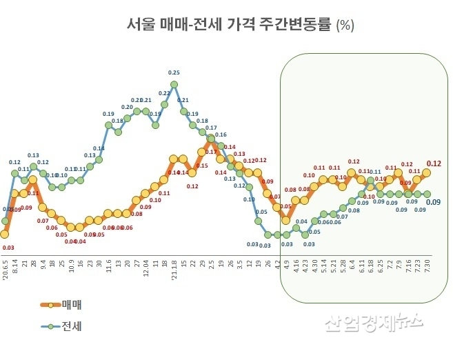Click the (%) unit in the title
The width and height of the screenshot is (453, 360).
tap(345, 26)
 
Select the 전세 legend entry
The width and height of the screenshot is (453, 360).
tap(72, 326)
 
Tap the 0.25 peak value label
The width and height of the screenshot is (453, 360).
tap(174, 72)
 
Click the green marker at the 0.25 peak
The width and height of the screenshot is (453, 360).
tap(174, 84)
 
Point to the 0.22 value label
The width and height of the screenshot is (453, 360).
tap(164, 93)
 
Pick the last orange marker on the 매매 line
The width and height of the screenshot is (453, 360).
tap(426, 172)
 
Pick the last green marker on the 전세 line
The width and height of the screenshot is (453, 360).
tap(426, 194)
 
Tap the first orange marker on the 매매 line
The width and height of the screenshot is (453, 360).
tap(5, 234)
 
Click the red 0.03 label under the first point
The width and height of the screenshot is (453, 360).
tap(8, 247)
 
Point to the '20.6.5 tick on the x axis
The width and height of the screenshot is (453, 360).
tap(6, 266)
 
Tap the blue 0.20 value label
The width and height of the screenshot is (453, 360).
tap(128, 107)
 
